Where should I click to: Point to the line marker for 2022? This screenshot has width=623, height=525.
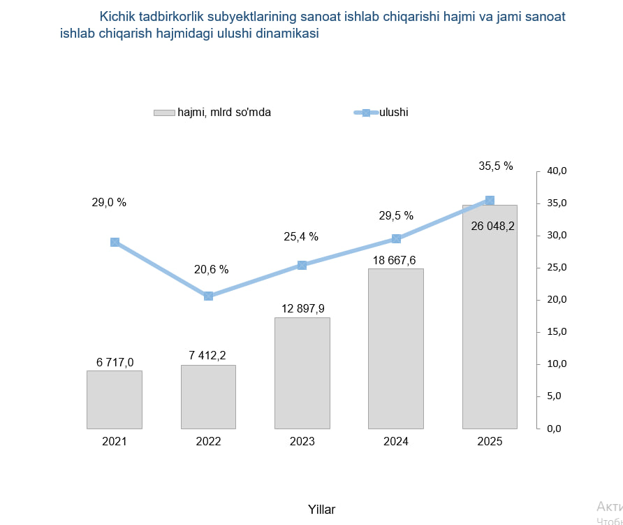pyautogui.click(x=208, y=296)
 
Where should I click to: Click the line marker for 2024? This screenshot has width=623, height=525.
pyautogui.click(x=396, y=238)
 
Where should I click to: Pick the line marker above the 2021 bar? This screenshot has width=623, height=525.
pyautogui.click(x=115, y=242)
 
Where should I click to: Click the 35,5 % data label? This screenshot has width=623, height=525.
pyautogui.click(x=496, y=166)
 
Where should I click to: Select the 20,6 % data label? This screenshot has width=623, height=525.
pyautogui.click(x=211, y=269)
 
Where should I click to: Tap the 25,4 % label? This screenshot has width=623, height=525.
pyautogui.click(x=301, y=236)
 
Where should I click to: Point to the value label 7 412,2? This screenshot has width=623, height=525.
pyautogui.click(x=207, y=356)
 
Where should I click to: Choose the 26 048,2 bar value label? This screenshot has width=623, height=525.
pyautogui.click(x=493, y=226)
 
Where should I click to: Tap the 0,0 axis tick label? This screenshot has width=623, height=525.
pyautogui.click(x=554, y=429)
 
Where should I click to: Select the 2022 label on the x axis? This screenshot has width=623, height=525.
pyautogui.click(x=208, y=442)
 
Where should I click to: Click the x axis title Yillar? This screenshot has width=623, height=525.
pyautogui.click(x=321, y=510)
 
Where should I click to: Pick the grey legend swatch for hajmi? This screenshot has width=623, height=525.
pyautogui.click(x=163, y=113)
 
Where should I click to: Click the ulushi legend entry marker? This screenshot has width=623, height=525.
pyautogui.click(x=365, y=113)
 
